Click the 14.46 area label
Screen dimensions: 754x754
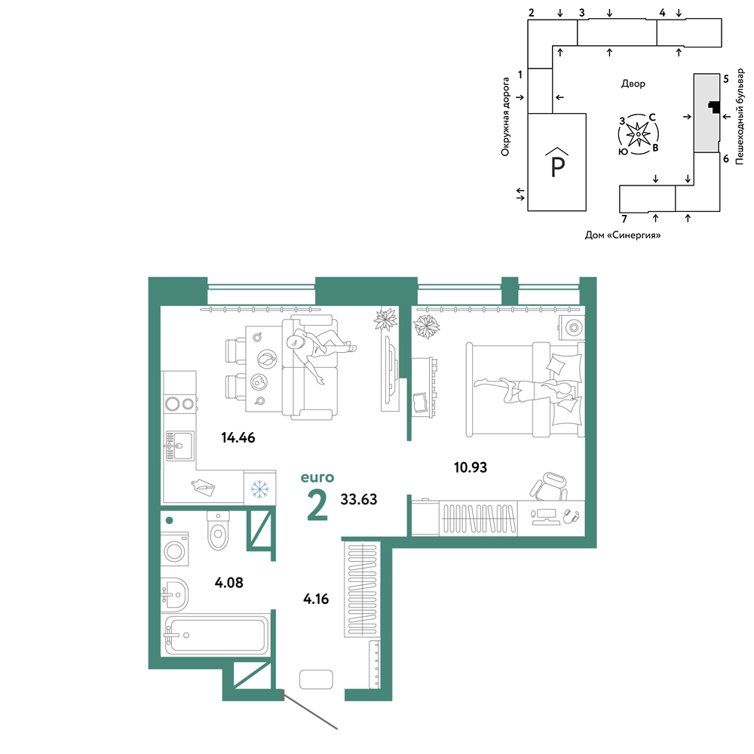(238, 437)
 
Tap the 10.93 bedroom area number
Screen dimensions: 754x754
(470, 467)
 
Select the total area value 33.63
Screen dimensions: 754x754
(359, 500)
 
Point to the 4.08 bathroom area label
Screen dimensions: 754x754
(229, 583)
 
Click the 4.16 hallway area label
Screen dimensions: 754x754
(316, 599)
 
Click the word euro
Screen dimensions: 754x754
(317, 477)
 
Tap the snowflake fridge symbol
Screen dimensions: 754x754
(260, 489)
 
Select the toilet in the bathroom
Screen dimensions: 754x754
(218, 530)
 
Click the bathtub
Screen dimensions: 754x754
(216, 635)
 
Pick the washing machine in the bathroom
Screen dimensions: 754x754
(174, 549)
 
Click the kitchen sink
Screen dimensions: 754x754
(179, 446)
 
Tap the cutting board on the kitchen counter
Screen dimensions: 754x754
(203, 487)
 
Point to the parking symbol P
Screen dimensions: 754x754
(557, 164)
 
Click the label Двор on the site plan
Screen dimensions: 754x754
(633, 84)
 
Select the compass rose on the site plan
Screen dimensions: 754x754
(638, 134)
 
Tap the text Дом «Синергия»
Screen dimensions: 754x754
(623, 235)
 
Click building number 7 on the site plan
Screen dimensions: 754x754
(624, 219)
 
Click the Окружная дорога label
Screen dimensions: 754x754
(505, 117)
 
